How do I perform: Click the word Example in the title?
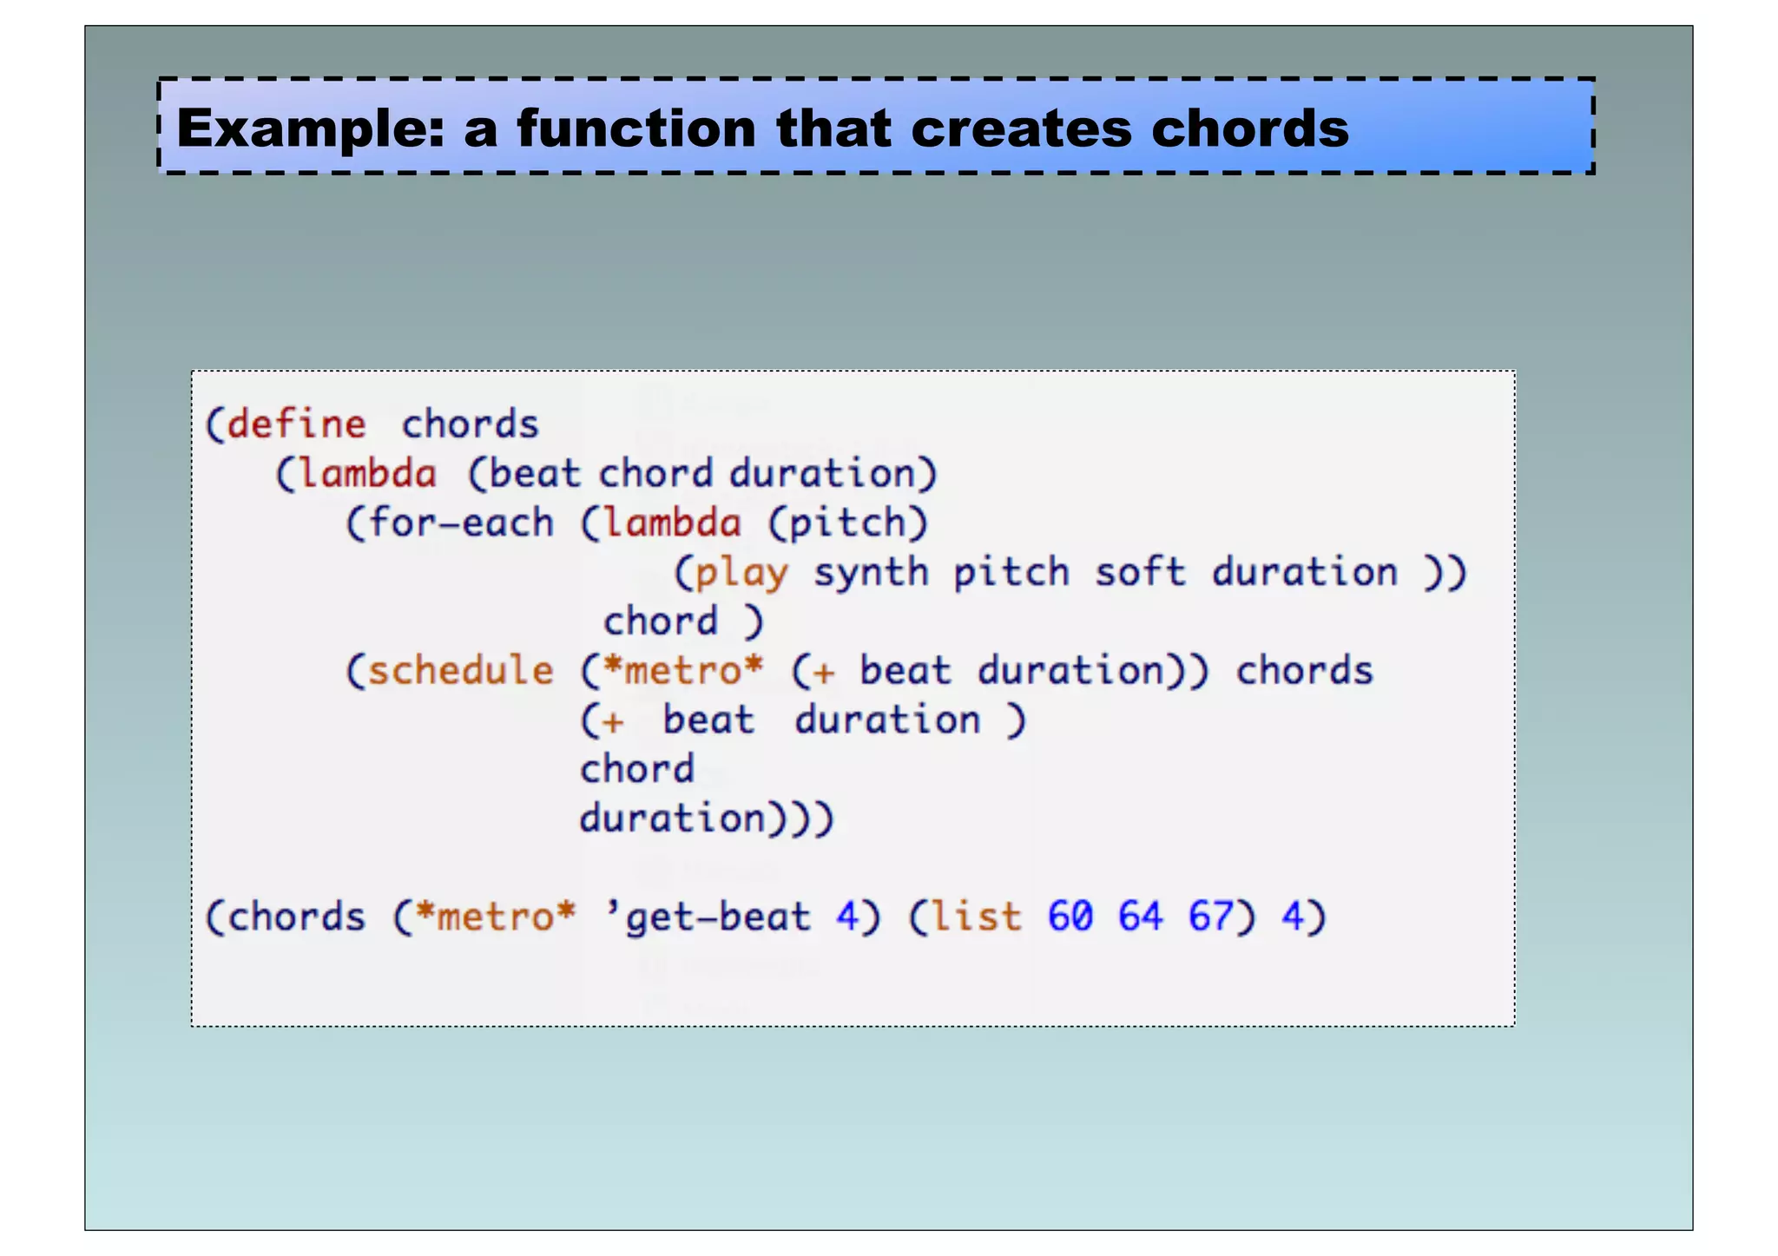click(x=309, y=129)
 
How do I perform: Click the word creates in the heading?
click(x=1021, y=129)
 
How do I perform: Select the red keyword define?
click(x=296, y=424)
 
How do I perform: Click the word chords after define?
click(x=470, y=424)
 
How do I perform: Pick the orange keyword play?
click(x=741, y=573)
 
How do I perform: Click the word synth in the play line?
click(x=871, y=573)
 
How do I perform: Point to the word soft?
click(x=1139, y=573)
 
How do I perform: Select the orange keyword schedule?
click(x=460, y=671)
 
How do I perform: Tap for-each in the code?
click(x=460, y=523)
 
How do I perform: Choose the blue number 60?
click(x=1070, y=917)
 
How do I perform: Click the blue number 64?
click(x=1140, y=917)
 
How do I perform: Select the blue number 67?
click(x=1210, y=917)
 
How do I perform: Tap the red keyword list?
click(x=976, y=917)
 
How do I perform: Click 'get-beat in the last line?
click(x=707, y=917)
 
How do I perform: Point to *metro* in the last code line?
click(x=495, y=917)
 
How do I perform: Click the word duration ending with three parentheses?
click(x=673, y=819)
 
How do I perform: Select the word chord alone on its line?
click(x=636, y=769)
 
